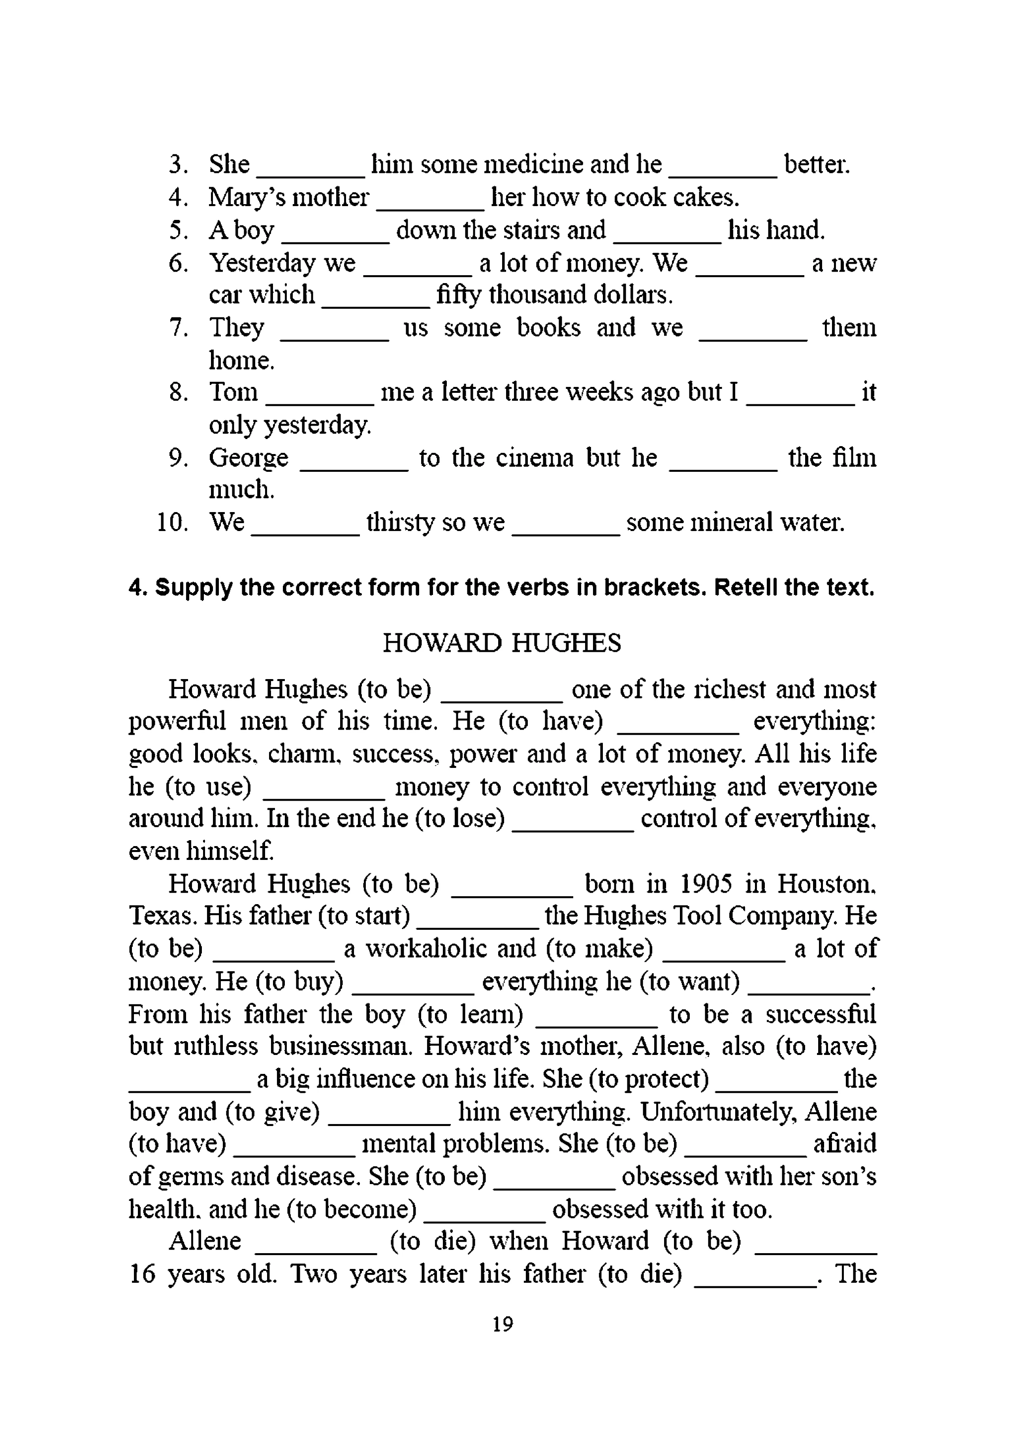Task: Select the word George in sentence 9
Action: click(248, 458)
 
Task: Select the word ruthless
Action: click(215, 1046)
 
